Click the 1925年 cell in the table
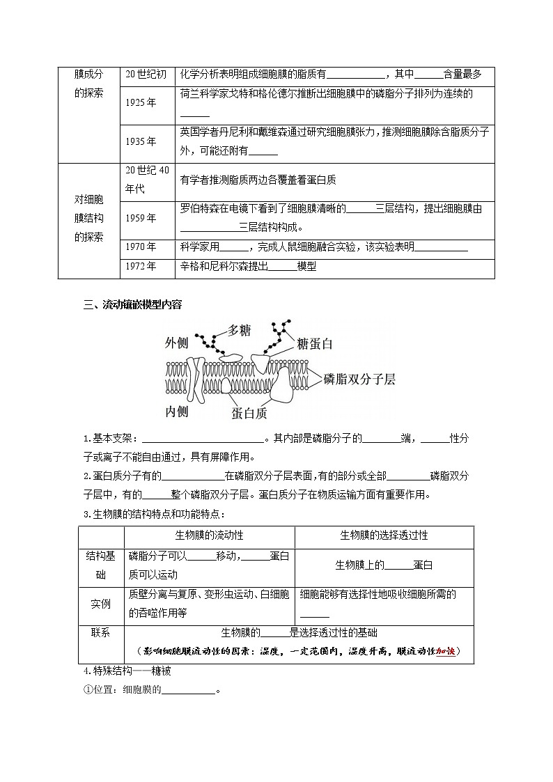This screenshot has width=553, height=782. coord(141,102)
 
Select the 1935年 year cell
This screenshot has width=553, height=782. coord(141,141)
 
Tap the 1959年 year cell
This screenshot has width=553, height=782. coord(141,218)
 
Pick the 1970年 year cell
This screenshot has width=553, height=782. coord(141,247)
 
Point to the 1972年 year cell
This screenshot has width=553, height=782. coord(141,266)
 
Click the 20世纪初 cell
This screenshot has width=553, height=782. coord(146,75)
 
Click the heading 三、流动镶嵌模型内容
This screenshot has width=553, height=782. coord(132,304)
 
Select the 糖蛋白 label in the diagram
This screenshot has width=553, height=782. coord(314,343)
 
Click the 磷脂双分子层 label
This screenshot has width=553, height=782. coord(359,379)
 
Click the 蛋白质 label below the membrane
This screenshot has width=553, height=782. coord(249,413)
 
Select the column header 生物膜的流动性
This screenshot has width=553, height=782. coord(209,535)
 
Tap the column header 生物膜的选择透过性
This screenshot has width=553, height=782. coord(384,535)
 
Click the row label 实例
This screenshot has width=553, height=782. coord(101,604)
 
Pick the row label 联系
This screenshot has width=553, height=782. coord(101,632)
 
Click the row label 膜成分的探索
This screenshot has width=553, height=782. coord(88,84)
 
